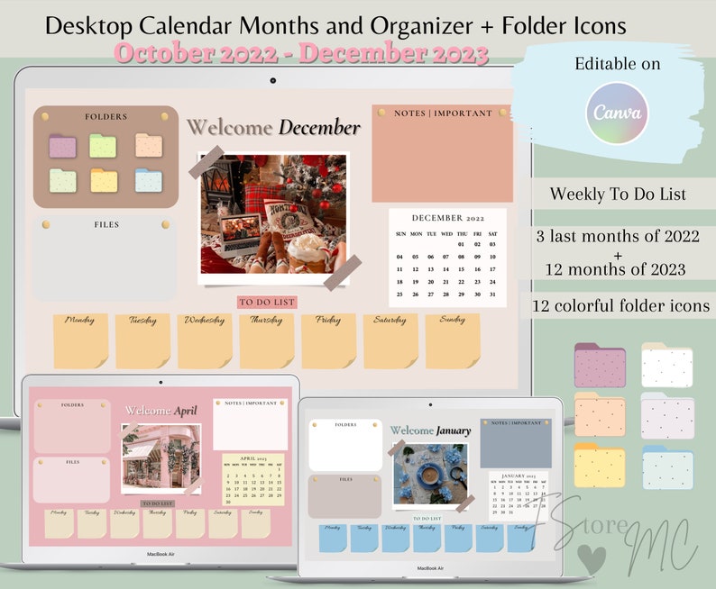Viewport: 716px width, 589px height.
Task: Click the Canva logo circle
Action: click(x=618, y=113)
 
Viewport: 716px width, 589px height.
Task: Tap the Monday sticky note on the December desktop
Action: click(x=80, y=340)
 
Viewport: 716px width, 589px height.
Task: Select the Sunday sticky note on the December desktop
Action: click(x=453, y=340)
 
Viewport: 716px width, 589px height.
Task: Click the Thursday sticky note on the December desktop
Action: click(x=266, y=340)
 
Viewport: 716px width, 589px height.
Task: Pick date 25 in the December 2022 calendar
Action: click(x=400, y=294)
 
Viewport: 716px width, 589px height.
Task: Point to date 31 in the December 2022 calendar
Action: click(x=492, y=294)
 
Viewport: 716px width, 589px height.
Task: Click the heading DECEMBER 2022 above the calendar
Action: click(x=447, y=218)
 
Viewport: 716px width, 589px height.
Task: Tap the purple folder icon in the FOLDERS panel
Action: click(x=62, y=146)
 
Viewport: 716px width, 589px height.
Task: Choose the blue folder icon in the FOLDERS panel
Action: click(x=148, y=180)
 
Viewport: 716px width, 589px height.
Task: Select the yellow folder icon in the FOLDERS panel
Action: click(x=104, y=180)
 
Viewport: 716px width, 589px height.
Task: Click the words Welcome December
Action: click(x=273, y=128)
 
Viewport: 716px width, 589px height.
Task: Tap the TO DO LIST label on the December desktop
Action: click(x=266, y=303)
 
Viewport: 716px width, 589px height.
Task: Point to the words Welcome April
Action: click(x=161, y=411)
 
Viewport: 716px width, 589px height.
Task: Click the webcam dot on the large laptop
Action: click(x=273, y=80)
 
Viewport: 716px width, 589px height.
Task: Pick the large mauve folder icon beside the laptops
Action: click(x=600, y=366)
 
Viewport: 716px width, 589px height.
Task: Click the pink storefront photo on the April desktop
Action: click(x=161, y=458)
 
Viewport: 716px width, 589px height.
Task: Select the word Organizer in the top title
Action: click(x=388, y=24)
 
